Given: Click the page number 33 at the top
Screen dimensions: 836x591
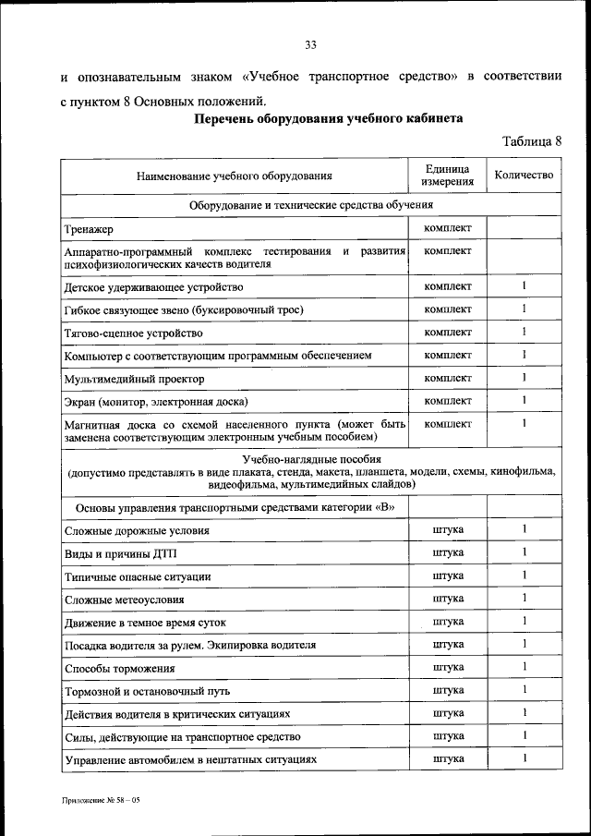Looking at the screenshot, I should tap(310, 45).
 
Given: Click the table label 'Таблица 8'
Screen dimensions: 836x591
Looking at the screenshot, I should tap(531, 141).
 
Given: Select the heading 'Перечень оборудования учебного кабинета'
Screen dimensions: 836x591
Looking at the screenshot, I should tap(328, 120).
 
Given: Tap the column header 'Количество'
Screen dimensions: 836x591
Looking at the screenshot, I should tap(523, 175).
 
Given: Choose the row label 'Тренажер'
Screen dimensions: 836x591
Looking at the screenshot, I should tap(90, 228).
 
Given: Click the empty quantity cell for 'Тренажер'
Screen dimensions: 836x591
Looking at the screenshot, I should tap(523, 227).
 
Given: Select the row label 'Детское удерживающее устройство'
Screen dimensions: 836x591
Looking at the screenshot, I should tap(154, 287).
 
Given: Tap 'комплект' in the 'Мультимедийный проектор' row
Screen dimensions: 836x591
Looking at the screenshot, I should tap(447, 378).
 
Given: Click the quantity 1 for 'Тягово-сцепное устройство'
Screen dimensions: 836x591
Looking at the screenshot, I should tap(523, 332).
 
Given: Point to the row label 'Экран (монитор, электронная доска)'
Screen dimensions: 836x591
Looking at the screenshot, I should tap(157, 402).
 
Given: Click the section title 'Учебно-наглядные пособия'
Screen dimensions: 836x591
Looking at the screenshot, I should tap(311, 459).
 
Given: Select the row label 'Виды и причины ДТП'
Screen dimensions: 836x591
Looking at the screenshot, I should tap(121, 553).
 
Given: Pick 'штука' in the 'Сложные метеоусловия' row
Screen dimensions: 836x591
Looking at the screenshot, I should tap(447, 599).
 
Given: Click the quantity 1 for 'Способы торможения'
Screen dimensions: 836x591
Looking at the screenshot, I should tap(523, 667).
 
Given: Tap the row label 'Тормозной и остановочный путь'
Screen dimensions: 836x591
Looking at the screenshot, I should tap(148, 691).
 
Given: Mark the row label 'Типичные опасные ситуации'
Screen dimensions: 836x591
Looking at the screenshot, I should tap(138, 576).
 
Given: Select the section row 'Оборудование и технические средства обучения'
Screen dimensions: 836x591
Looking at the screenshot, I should tap(311, 204).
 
